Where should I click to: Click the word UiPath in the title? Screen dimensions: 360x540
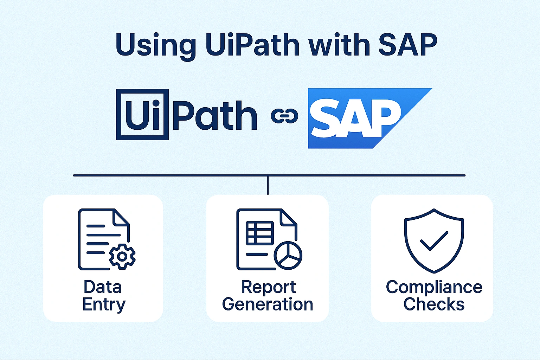click(x=252, y=45)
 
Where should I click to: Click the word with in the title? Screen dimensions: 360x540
click(x=339, y=45)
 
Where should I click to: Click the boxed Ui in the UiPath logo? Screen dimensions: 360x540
click(x=142, y=115)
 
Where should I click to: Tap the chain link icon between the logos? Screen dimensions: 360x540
click(x=284, y=116)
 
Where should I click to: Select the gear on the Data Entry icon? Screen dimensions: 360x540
click(x=122, y=256)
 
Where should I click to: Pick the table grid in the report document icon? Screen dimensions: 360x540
click(x=260, y=233)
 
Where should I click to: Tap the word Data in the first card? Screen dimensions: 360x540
click(x=103, y=287)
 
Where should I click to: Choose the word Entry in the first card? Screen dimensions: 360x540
click(x=104, y=304)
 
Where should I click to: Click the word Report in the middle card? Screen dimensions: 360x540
click(x=268, y=287)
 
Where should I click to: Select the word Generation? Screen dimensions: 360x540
click(x=268, y=304)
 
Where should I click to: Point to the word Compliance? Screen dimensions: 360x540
click(x=434, y=287)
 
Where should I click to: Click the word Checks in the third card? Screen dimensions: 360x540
click(x=434, y=304)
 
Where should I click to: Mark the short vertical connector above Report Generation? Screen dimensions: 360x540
click(x=268, y=185)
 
